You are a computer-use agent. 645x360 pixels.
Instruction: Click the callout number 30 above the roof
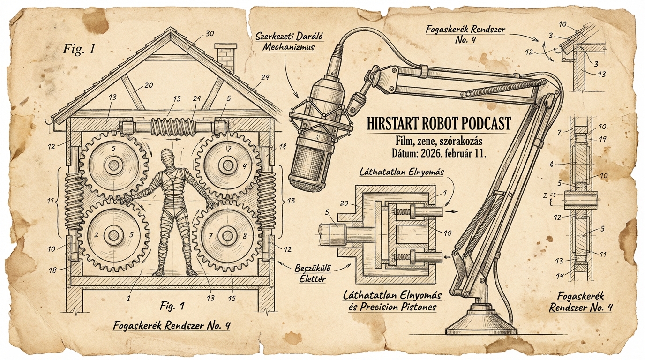click(x=210, y=34)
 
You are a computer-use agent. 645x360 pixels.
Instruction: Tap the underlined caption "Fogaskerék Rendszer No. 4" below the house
click(x=172, y=326)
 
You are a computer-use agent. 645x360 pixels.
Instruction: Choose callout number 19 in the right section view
click(x=603, y=139)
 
